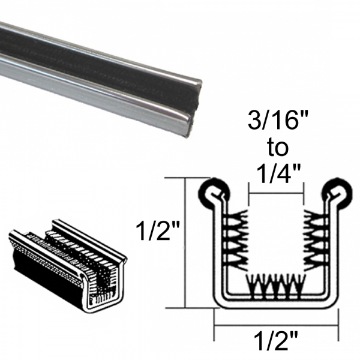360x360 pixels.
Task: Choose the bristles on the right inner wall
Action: [313, 238]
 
